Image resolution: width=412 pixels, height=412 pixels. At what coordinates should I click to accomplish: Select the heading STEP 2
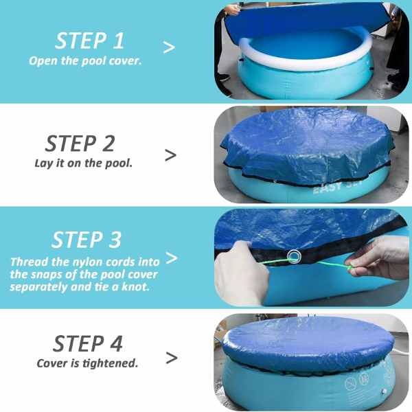(x=80, y=144)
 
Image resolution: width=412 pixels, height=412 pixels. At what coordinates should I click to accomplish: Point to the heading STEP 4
(x=87, y=343)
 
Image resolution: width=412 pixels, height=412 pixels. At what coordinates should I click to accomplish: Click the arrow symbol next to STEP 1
(x=168, y=47)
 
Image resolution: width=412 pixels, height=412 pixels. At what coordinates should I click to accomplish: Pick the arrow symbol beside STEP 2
(x=170, y=154)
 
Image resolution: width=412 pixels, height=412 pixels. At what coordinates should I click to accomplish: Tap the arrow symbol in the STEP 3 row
(x=172, y=258)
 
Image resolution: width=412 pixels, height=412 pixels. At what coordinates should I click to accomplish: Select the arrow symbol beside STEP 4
(x=171, y=358)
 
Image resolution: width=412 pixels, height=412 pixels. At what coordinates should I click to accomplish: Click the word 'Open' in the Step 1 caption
(x=43, y=60)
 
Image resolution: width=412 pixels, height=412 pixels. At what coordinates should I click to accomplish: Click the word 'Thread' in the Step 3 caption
(x=28, y=262)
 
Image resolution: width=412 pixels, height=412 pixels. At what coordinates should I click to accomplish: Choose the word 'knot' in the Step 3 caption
(x=146, y=286)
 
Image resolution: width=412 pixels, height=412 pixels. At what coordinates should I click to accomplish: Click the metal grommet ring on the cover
(x=294, y=257)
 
